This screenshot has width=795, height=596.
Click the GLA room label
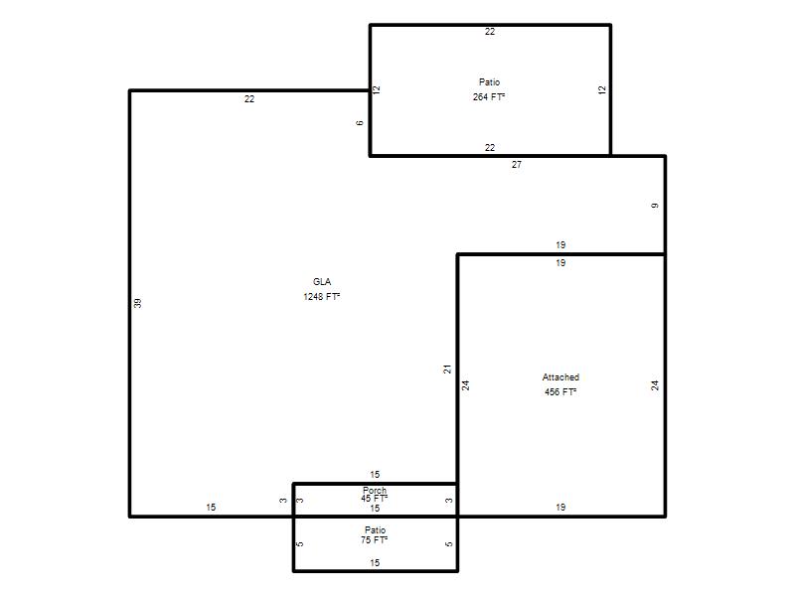point(322,282)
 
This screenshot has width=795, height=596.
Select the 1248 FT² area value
point(321,296)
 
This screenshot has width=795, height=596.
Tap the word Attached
point(560,377)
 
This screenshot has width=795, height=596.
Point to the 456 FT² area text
point(560,391)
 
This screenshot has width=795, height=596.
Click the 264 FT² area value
point(489,96)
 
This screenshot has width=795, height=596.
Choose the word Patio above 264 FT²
point(489,82)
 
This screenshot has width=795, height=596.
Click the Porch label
point(375,490)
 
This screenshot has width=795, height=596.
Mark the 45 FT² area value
point(375,499)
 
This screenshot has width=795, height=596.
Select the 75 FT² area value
point(375,540)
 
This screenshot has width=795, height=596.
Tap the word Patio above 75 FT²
point(376,530)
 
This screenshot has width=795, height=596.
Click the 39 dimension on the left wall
point(137,303)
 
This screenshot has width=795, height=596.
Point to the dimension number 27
point(517,165)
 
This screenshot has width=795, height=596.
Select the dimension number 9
point(655,206)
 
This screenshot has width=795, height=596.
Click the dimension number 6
point(360,122)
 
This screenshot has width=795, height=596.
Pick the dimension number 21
point(447,370)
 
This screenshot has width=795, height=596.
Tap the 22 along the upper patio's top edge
point(490,32)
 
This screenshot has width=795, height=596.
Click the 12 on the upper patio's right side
point(602,89)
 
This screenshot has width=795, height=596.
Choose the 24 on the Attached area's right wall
point(655,385)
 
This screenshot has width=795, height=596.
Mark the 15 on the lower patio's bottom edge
point(375,562)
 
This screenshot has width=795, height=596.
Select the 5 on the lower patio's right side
point(449,544)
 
